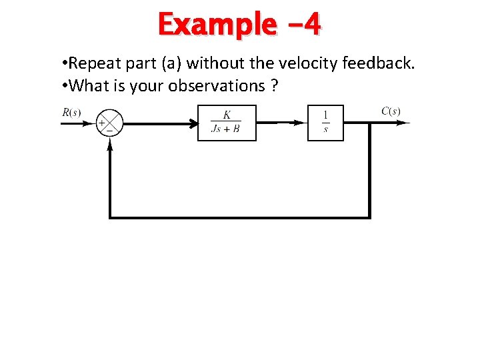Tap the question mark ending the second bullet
click(275, 85)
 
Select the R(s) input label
click(71, 112)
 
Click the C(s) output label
click(391, 111)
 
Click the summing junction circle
click(110, 123)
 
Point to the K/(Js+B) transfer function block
click(227, 123)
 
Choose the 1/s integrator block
click(325, 123)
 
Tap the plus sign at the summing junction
click(102, 123)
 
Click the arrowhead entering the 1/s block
click(303, 123)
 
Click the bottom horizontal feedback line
click(240, 217)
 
